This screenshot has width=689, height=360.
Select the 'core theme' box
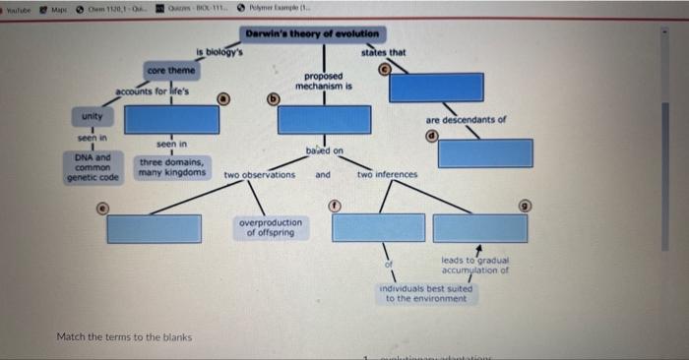click(x=171, y=71)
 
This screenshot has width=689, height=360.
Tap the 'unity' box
click(x=94, y=117)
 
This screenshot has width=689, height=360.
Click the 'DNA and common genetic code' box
click(x=93, y=167)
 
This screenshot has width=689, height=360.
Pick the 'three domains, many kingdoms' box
click(x=171, y=167)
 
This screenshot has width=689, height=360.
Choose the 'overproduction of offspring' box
click(x=271, y=228)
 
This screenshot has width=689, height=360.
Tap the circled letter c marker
click(x=386, y=67)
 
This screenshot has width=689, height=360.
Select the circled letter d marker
click(x=430, y=135)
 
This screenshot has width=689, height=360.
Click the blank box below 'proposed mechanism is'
click(x=324, y=119)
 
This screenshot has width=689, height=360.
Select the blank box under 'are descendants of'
click(x=485, y=152)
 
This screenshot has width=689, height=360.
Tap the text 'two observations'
click(x=259, y=175)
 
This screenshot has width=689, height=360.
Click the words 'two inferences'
click(x=387, y=175)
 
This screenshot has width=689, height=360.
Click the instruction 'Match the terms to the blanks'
click(x=124, y=337)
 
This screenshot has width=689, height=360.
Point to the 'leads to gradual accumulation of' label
click(x=474, y=265)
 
